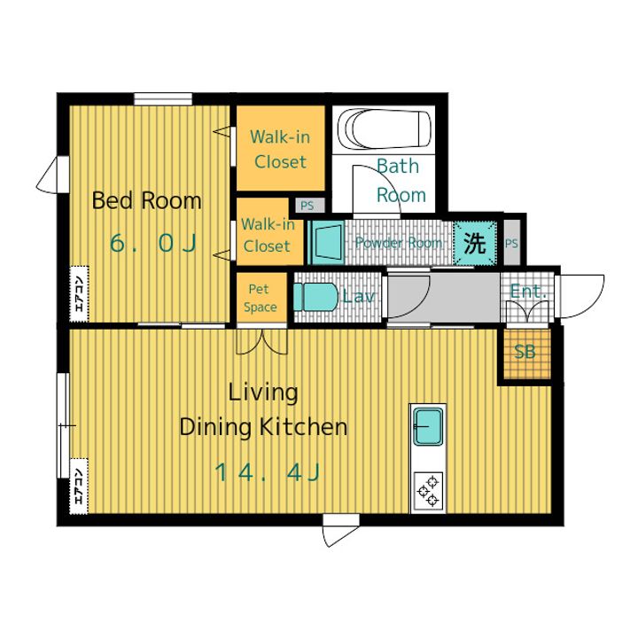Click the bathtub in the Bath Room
385,129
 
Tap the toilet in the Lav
315,297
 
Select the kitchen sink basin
428,426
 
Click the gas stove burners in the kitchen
428,492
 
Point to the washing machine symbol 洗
474,243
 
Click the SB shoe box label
525,352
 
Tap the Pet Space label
260,298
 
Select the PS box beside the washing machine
511,243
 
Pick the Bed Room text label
146,200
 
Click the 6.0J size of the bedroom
153,244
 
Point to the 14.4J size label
268,472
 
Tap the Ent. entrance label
528,292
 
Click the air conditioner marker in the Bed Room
80,294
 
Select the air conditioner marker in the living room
80,486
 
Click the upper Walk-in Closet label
280,150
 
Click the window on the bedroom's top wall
163,99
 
